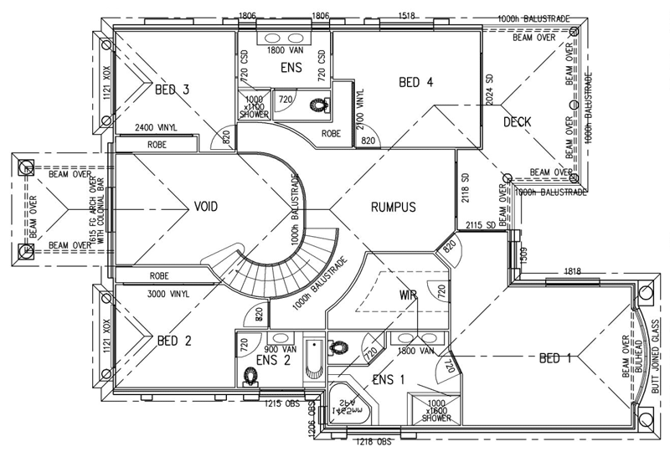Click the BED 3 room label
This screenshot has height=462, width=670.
(x=172, y=89)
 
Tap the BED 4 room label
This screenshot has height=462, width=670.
(x=416, y=82)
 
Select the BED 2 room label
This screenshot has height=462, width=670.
(x=175, y=341)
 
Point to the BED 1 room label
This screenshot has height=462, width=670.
(x=554, y=359)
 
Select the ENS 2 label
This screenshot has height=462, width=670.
(x=275, y=361)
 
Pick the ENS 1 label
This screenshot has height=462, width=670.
(x=389, y=379)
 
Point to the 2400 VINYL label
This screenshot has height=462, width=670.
(x=155, y=129)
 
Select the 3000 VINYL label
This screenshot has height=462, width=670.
(x=167, y=295)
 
